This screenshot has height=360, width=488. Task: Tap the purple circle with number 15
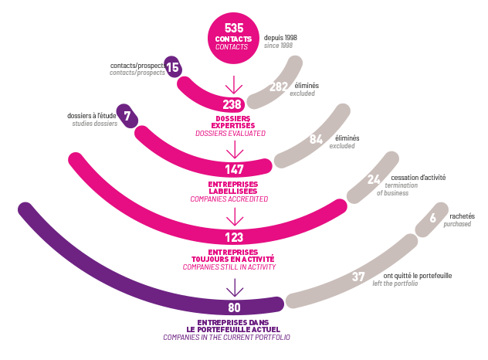pos(173,68)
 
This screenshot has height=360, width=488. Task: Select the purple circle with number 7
pos(127,116)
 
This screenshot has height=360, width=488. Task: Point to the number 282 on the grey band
pos(277,87)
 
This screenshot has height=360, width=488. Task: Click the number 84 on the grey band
pos(316,140)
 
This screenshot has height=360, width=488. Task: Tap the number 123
pos(233,237)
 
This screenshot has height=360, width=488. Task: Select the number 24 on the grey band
pos(373,179)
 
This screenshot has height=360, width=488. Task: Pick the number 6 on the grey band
pos(432,219)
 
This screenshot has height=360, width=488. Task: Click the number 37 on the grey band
pos(358,277)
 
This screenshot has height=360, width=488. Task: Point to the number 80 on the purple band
pos(234,307)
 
